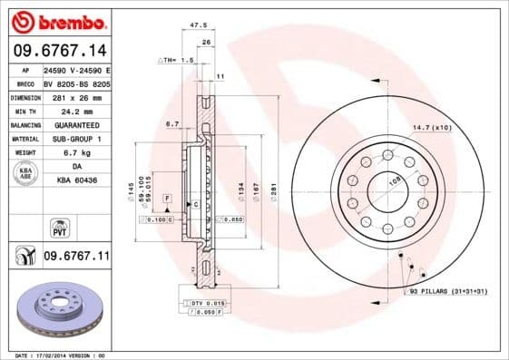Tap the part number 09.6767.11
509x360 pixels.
coord(76,257)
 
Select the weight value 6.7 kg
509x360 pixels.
coord(73,152)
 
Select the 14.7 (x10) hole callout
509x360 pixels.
coord(432,127)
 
